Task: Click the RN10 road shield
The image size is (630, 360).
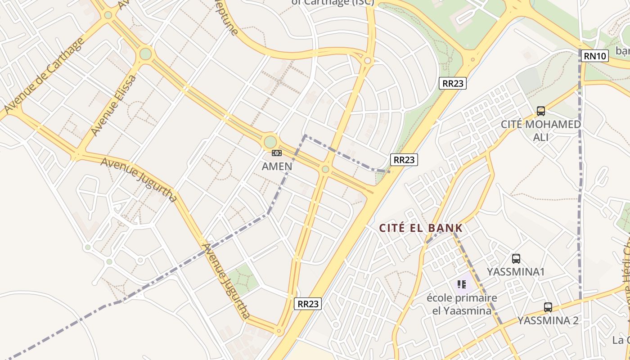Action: [595, 56]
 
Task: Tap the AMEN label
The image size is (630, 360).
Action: [277, 166]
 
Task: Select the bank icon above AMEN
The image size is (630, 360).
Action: [277, 153]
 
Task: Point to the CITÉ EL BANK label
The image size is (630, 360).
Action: [421, 228]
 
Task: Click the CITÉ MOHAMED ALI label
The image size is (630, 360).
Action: [541, 130]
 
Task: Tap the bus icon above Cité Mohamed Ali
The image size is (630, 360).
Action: [541, 111]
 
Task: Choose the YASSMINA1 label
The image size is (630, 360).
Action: [516, 272]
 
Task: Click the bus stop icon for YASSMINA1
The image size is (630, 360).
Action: [516, 259]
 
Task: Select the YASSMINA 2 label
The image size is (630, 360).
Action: [548, 320]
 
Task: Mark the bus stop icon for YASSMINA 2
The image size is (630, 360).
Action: [548, 307]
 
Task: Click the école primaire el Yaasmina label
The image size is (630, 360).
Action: [462, 304]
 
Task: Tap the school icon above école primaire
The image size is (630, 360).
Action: [462, 284]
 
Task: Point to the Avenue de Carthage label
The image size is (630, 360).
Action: [44, 76]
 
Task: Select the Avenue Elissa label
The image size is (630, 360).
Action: [113, 105]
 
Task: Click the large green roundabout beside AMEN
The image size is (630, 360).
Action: [270, 142]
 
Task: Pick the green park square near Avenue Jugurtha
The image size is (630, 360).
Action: [243, 279]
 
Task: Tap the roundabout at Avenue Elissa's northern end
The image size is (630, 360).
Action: [145, 54]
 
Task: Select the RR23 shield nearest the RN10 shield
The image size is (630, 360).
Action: [453, 83]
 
